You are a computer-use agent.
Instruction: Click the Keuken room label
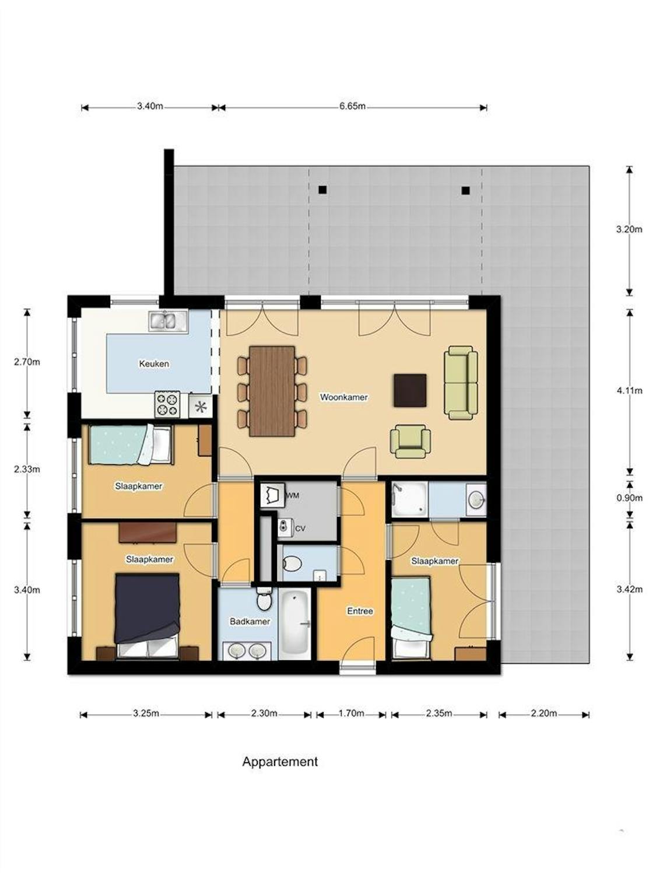154,363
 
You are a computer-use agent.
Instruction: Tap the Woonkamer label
343,397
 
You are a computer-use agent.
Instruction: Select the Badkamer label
250,621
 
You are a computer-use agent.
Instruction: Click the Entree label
360,611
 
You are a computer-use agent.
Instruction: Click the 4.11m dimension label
629,391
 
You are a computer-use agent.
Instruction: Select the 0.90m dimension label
629,498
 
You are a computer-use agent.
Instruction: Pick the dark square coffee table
410,390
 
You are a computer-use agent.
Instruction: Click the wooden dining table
272,391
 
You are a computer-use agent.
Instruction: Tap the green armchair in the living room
411,441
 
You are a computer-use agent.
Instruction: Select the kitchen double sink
168,321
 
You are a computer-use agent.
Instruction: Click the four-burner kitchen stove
167,404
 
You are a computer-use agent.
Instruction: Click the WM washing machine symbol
272,495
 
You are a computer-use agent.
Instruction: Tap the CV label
300,529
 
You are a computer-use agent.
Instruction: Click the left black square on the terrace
322,190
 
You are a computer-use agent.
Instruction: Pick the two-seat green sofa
461,383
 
